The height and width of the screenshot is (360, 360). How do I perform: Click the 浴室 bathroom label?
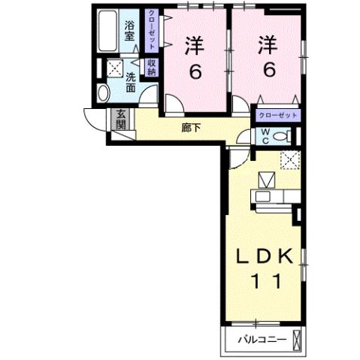[x=131, y=29]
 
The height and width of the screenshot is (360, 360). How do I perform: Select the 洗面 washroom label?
[x=131, y=82]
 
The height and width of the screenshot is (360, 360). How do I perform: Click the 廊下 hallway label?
[x=192, y=128]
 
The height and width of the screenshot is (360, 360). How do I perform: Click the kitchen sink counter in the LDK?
[x=274, y=197]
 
